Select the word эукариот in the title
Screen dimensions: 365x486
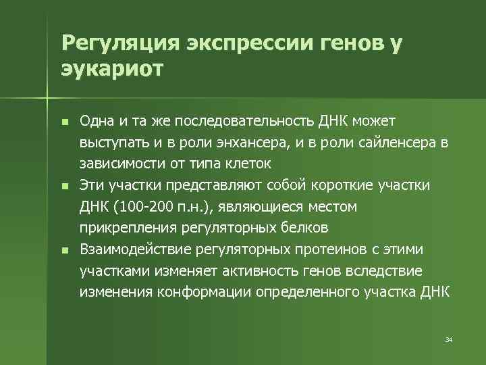(x=112, y=69)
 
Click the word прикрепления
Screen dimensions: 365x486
(x=123, y=226)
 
